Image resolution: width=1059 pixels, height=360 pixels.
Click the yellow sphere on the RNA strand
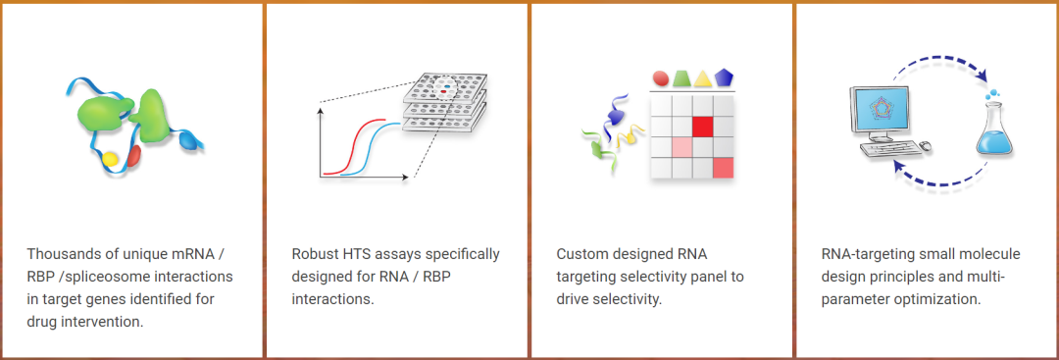pyautogui.click(x=111, y=159)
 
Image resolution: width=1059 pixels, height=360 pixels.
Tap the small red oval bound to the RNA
pyautogui.click(x=133, y=155)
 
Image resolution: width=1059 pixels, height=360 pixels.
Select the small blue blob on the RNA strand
pyautogui.click(x=190, y=141)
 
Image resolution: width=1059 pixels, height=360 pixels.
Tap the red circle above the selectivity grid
pyautogui.click(x=661, y=77)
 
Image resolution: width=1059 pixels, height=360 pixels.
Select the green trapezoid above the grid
pyautogui.click(x=681, y=77)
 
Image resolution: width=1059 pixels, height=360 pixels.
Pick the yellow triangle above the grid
pyautogui.click(x=703, y=77)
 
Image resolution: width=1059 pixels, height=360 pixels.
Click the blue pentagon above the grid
pyautogui.click(x=724, y=77)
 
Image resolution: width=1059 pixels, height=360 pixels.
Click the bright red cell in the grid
pyautogui.click(x=703, y=127)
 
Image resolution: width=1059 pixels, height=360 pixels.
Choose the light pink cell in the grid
pyautogui.click(x=682, y=147)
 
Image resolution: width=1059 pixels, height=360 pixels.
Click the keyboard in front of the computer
pyautogui.click(x=887, y=146)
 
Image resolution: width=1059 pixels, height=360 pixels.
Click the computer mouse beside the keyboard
pyautogui.click(x=925, y=144)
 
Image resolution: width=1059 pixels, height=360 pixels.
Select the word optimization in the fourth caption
pyautogui.click(x=940, y=298)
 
